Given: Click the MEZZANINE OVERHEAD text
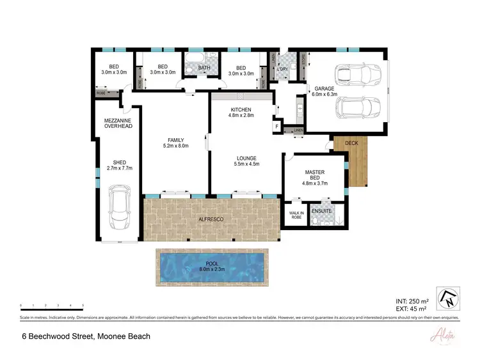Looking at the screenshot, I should tap(118, 123).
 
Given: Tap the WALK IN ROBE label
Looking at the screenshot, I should tap(295, 215).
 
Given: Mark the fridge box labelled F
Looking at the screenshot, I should tap(277, 127).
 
